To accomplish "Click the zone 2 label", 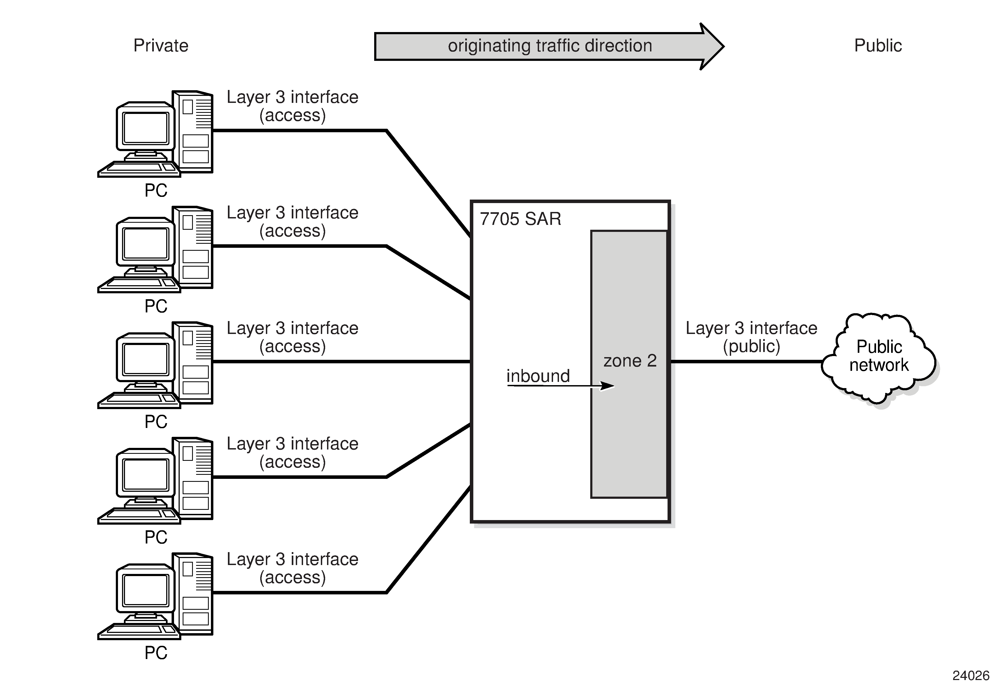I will (x=630, y=361).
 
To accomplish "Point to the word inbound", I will (x=538, y=376).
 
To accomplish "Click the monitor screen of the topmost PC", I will (x=145, y=128).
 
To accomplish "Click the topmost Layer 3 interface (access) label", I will (x=292, y=106).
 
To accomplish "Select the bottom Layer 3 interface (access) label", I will (x=292, y=568).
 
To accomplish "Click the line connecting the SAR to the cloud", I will (x=745, y=362).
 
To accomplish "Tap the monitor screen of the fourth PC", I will (x=145, y=475).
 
